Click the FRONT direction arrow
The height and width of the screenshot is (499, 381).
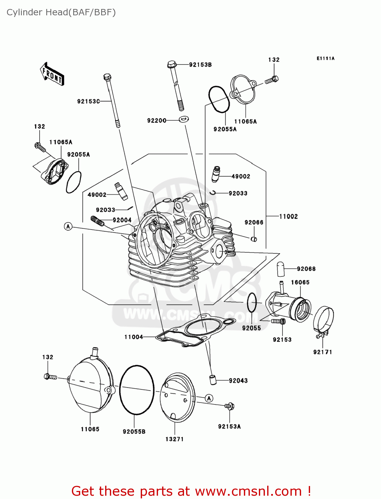pyautogui.click(x=52, y=74)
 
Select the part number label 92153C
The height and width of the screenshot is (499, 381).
pyautogui.click(x=89, y=101)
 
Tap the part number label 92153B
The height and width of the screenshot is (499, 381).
pyautogui.click(x=200, y=65)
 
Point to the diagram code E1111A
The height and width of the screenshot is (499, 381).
pyautogui.click(x=325, y=58)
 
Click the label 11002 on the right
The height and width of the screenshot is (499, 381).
pyautogui.click(x=288, y=217)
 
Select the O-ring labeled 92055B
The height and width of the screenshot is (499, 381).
pyautogui.click(x=137, y=390)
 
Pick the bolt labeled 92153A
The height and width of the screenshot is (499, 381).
pyautogui.click(x=229, y=406)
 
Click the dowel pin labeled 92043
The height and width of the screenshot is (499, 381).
pyautogui.click(x=213, y=380)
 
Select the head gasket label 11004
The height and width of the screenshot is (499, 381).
pyautogui.click(x=133, y=337)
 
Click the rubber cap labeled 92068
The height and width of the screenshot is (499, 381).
pyautogui.click(x=281, y=269)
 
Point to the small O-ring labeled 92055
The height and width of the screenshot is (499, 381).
pyautogui.click(x=252, y=303)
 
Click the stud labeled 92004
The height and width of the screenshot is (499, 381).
pyautogui.click(x=97, y=221)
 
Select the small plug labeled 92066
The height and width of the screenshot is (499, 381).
pyautogui.click(x=254, y=239)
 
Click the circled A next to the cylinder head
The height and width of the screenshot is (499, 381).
pyautogui.click(x=68, y=227)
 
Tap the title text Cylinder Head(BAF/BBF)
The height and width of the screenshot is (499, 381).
pyautogui.click(x=61, y=12)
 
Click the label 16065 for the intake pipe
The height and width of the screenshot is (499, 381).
pyautogui.click(x=300, y=282)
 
